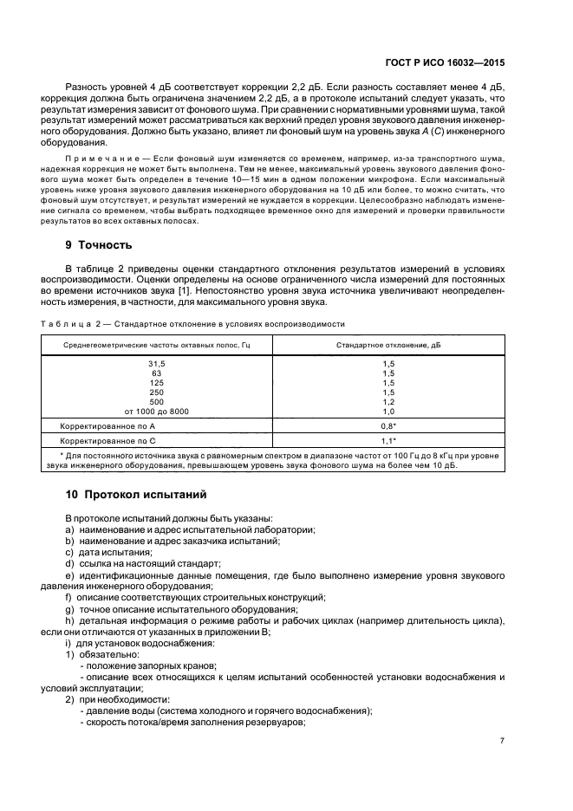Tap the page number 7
click(x=502, y=742)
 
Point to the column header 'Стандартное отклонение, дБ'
click(x=388, y=346)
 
